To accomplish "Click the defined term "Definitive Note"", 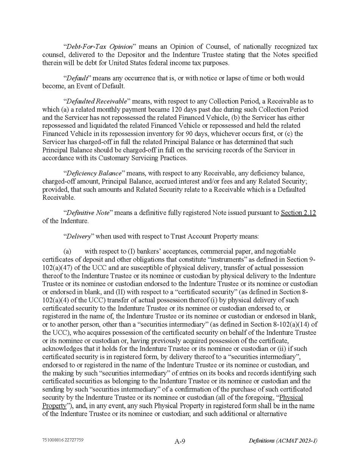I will tap(88, 213).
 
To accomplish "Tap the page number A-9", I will tap(180, 441).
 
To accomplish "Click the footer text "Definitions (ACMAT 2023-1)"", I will tap(283, 441).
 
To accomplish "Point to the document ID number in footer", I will tap(63, 440).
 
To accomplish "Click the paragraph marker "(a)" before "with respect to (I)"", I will tap(67, 251).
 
